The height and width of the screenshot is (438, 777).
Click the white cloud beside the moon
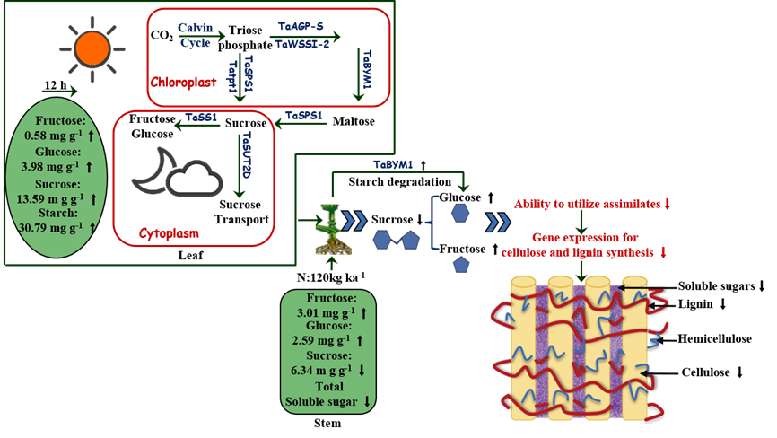coord(194,179)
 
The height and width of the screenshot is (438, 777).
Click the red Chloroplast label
coord(183,82)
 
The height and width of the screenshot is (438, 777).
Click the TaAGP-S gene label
coord(301,28)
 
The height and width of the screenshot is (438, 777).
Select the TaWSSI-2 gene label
coord(301,43)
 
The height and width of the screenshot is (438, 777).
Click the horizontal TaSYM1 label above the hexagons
coord(395,164)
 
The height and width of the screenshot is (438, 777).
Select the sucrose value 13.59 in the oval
coord(53,197)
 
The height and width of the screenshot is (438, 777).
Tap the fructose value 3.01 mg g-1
coord(322,312)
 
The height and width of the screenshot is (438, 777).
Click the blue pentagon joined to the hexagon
coord(410,240)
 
